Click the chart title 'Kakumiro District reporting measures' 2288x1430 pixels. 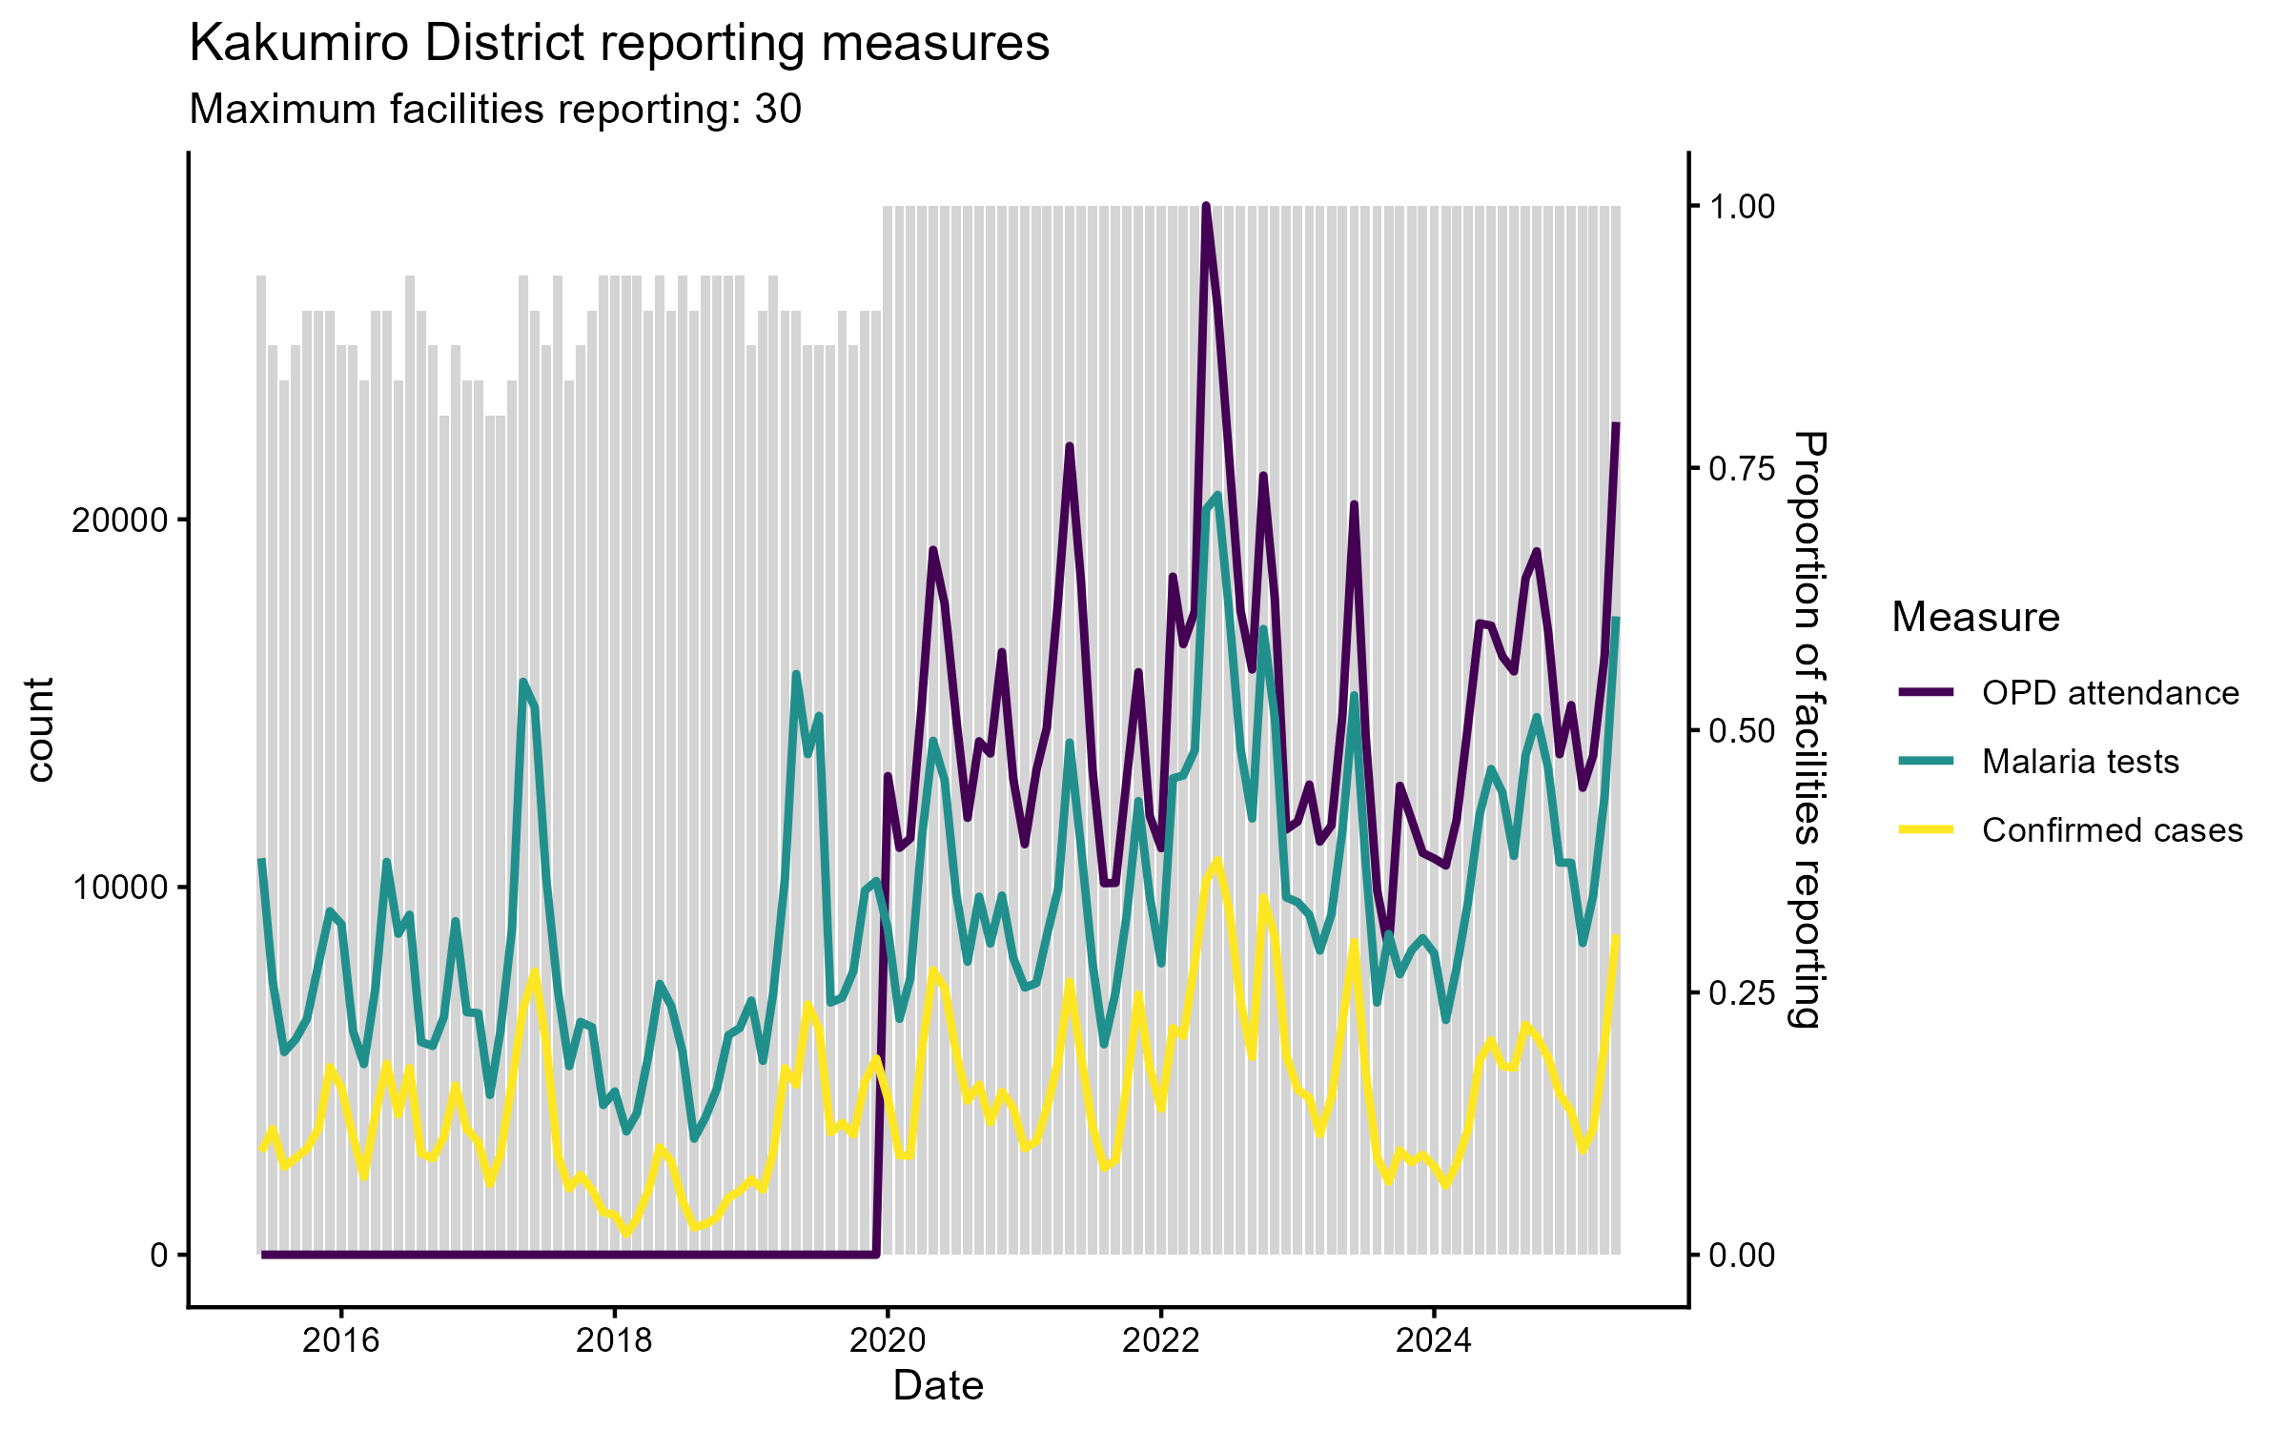click(619, 44)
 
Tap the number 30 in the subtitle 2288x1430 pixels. click(778, 110)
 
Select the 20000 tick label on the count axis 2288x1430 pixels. click(119, 521)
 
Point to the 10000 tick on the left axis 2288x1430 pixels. click(119, 888)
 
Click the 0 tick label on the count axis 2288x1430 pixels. click(158, 1256)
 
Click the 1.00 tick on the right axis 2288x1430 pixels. click(1742, 207)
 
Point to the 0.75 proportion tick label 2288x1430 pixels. click(1742, 468)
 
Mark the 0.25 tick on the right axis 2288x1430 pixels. click(1742, 993)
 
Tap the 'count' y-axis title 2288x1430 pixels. click(40, 729)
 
